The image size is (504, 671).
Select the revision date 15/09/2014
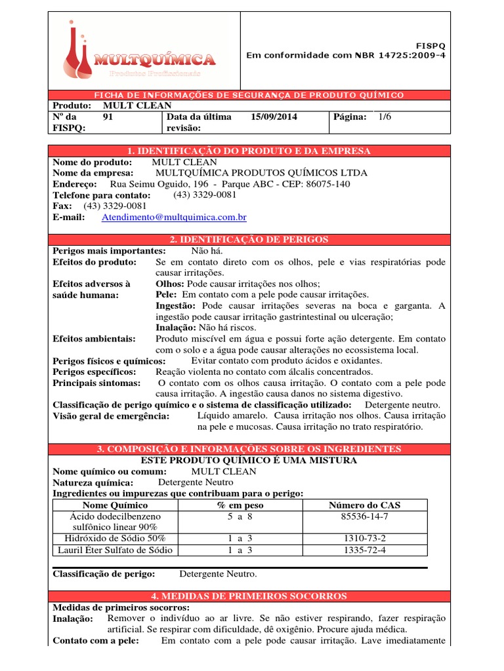click(274, 117)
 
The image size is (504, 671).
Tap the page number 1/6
click(384, 117)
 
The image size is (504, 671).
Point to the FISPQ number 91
click(109, 117)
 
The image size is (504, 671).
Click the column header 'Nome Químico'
click(115, 505)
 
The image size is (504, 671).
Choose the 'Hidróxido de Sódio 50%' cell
click(115, 539)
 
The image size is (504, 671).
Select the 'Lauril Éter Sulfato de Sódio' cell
click(115, 550)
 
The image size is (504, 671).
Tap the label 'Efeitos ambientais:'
click(94, 339)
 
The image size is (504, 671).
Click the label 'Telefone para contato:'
click(101, 195)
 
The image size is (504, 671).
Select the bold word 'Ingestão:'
click(175, 306)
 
